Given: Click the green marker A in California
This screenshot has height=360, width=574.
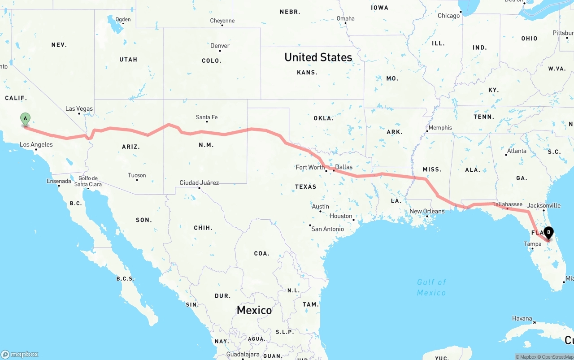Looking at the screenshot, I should tap(26, 119).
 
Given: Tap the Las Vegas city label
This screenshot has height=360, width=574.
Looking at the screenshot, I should tap(79, 108).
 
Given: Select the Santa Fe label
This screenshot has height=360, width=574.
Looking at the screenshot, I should tap(207, 117).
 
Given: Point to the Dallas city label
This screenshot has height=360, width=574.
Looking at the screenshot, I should tap(344, 167).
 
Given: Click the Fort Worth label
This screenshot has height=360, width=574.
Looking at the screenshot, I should tap(310, 167).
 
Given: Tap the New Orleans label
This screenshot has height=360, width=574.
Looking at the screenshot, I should tap(427, 211).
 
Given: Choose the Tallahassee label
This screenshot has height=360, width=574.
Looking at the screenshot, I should tap(507, 204).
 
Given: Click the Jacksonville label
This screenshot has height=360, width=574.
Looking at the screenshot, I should tap(544, 205).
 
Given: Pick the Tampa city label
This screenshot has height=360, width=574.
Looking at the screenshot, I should tap(533, 244).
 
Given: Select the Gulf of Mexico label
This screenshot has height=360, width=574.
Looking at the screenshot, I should tap(431, 287).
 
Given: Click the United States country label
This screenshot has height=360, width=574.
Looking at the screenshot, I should tap(318, 57).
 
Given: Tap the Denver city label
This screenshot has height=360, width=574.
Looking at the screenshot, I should tap(220, 46).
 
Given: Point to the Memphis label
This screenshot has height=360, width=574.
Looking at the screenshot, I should tap(440, 128).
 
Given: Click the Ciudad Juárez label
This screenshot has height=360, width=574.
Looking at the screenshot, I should tap(199, 182).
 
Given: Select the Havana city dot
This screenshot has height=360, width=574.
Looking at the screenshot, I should tap(534, 323).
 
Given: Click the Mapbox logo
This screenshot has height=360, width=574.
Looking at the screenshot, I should tap(20, 354).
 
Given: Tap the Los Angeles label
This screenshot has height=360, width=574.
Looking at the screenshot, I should tap(36, 145).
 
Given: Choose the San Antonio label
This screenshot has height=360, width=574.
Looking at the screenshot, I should tap(327, 229).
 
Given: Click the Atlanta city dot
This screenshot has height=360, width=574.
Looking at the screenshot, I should tap(506, 155).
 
